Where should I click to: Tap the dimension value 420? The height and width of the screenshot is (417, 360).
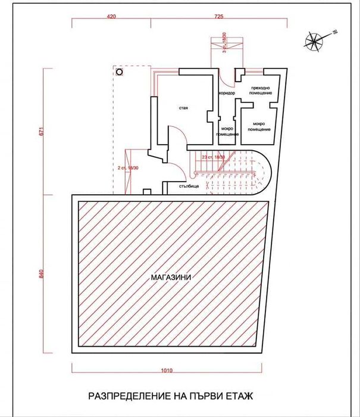pos(111,17)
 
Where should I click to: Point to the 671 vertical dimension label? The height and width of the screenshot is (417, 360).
pos(41,132)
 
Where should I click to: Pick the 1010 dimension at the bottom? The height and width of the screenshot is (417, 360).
pos(167,371)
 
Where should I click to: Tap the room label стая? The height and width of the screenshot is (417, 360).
pos(183,108)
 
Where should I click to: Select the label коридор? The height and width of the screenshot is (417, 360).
pos(227,94)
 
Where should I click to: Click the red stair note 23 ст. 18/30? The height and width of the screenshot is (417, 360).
pos(214,156)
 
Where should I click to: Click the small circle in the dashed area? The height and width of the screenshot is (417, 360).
pos(119,71)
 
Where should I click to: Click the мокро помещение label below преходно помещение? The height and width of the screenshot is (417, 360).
pos(258,127)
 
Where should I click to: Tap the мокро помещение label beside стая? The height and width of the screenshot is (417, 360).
pos(227,131)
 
